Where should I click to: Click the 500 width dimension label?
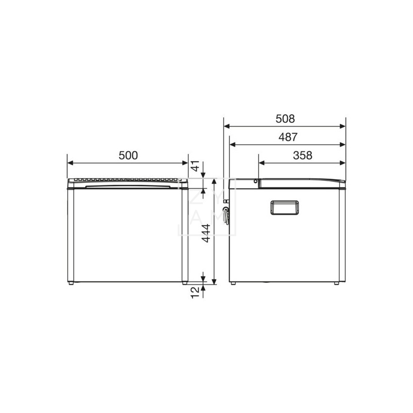[128, 155]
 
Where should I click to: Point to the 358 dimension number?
[302, 155]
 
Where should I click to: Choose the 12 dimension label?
[195, 293]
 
